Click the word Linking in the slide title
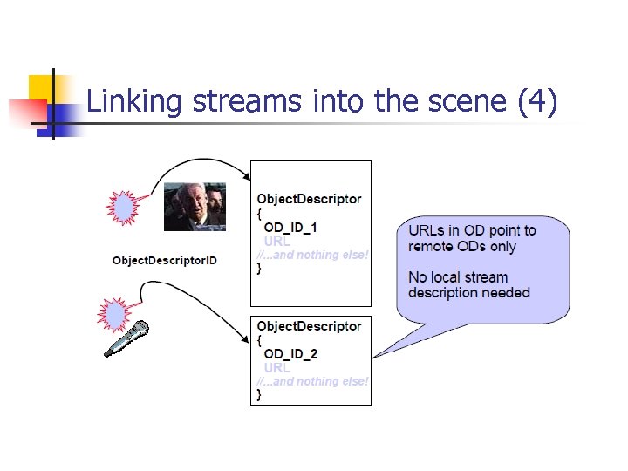(134, 102)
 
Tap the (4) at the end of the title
(536, 102)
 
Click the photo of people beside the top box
(195, 206)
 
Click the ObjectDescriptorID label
(165, 261)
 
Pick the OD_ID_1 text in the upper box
(290, 227)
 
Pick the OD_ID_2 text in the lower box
(290, 353)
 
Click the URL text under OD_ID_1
(277, 241)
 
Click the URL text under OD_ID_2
(277, 367)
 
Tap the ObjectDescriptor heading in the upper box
(309, 199)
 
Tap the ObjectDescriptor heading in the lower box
(309, 325)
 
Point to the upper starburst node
(122, 208)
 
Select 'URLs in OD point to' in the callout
(472, 230)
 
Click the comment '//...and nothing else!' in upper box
(312, 255)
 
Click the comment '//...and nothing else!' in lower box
(312, 381)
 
